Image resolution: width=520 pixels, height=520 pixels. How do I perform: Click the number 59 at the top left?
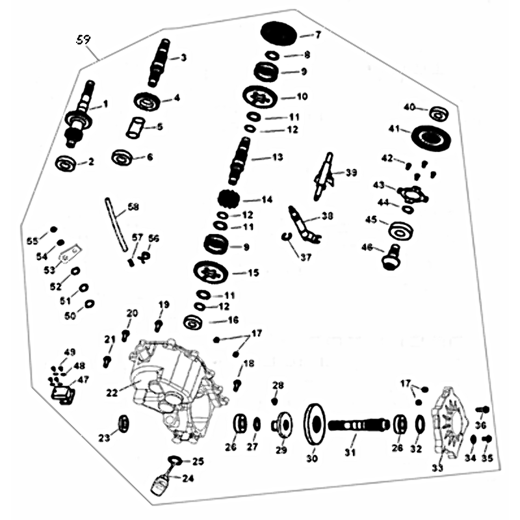[x=83, y=40]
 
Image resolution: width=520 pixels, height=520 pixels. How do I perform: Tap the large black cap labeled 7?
[x=278, y=33]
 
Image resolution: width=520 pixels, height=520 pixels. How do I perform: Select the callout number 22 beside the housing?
[x=112, y=393]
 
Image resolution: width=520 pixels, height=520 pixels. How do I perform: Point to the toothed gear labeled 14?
[x=229, y=198]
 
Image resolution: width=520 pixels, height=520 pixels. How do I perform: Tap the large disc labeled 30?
[x=315, y=424]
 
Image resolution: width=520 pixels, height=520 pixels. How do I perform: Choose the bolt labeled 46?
[x=391, y=256]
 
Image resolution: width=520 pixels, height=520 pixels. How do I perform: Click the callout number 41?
[x=395, y=129]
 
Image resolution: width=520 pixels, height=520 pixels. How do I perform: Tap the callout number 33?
[x=437, y=468]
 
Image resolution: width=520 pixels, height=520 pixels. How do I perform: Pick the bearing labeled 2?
[x=66, y=163]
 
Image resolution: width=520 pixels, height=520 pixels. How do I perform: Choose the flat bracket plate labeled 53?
[x=70, y=254]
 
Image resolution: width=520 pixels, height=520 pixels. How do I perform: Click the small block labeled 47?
[x=62, y=394]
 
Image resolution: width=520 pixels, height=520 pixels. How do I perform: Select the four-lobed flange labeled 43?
[x=413, y=196]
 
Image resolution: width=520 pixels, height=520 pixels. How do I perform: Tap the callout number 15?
[x=253, y=273]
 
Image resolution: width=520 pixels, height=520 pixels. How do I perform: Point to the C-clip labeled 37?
[x=287, y=237]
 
